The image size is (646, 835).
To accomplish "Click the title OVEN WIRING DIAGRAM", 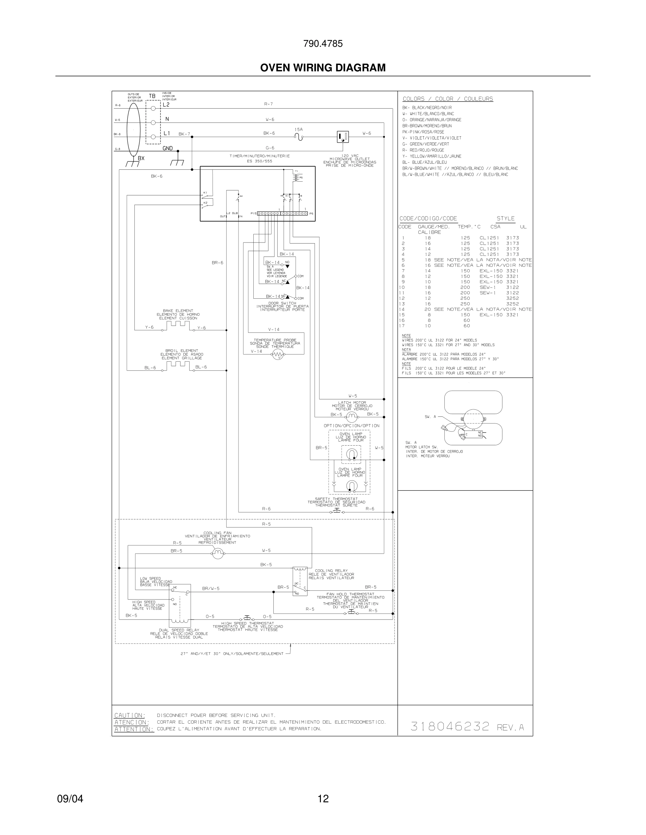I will tap(323, 68).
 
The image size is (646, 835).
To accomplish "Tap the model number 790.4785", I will tap(323, 44).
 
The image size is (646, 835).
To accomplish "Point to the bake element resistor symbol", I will tap(178, 325).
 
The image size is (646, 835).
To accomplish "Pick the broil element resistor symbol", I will tap(178, 365).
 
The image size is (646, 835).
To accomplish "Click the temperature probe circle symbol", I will tap(278, 355).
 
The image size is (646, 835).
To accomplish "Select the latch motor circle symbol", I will tap(351, 417).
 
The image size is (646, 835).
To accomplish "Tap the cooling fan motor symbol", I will tap(218, 553).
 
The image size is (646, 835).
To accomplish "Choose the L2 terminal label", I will tap(166, 105).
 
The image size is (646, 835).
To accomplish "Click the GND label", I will tap(167, 148).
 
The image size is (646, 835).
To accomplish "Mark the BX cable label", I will tap(141, 158).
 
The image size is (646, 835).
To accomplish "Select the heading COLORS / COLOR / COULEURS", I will tap(448, 99).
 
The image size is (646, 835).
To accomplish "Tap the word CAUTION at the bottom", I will tap(129, 715).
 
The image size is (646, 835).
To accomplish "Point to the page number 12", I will tap(323, 798).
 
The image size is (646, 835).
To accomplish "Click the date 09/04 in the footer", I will tap(70, 798).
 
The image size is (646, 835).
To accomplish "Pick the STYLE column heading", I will tap(506, 219).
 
